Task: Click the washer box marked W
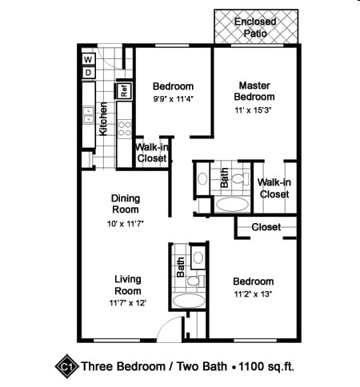click(88, 59)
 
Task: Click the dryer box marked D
click(88, 73)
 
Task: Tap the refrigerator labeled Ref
click(124, 91)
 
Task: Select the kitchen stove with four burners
click(125, 129)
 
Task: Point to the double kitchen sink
click(88, 115)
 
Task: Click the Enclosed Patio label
click(255, 27)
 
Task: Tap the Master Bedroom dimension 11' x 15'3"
click(253, 110)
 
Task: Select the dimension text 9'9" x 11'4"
click(173, 99)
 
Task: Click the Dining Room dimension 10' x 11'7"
click(126, 223)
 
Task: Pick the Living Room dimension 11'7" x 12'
click(127, 303)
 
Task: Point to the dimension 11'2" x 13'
click(253, 294)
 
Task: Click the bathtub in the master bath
click(232, 205)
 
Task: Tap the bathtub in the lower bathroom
click(189, 301)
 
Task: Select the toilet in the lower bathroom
click(195, 281)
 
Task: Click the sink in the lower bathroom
click(198, 257)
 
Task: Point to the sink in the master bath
click(202, 178)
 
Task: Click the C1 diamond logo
click(67, 366)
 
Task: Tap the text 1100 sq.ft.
click(266, 366)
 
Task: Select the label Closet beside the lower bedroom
click(266, 227)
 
